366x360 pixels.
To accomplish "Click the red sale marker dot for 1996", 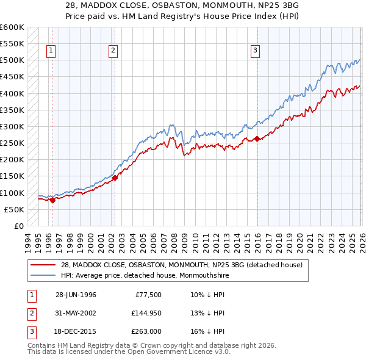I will click(x=52, y=200).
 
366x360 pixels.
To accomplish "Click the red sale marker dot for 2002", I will click(x=115, y=178).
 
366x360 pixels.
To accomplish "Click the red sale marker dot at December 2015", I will click(x=257, y=139).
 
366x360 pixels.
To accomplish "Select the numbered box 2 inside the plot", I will click(x=113, y=51).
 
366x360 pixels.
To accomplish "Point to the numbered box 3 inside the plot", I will click(x=255, y=51).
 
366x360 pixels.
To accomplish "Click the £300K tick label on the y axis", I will click(x=12, y=127).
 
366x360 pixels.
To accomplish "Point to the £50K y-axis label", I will click(x=14, y=209).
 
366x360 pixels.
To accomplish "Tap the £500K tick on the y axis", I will click(x=12, y=60).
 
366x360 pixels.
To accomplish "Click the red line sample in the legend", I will click(x=42, y=265).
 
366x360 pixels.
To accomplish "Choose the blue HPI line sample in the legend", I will click(x=42, y=275).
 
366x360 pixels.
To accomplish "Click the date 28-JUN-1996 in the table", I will click(x=76, y=295).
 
